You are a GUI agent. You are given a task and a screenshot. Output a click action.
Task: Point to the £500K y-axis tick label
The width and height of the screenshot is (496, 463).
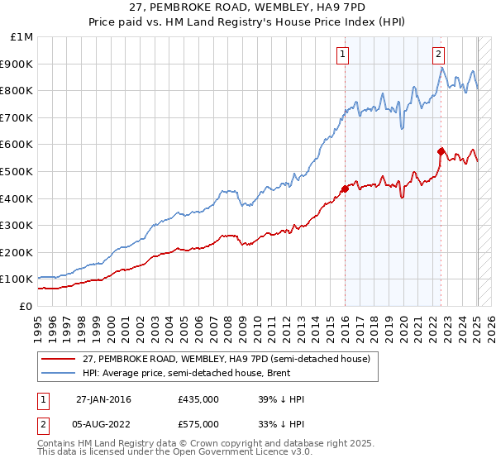[19, 171]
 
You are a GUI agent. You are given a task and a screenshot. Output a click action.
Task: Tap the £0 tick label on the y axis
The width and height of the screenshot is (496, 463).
[26, 306]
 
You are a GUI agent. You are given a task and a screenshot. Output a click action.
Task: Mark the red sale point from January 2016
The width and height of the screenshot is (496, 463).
[345, 189]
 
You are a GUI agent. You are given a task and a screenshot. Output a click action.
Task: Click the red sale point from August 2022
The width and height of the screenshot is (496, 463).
[441, 151]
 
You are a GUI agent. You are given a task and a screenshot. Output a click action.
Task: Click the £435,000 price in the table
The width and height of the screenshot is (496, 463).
[198, 399]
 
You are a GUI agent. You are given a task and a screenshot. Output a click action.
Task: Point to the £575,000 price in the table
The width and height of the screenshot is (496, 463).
[198, 424]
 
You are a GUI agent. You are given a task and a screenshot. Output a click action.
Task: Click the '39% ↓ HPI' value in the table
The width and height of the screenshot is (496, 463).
[281, 399]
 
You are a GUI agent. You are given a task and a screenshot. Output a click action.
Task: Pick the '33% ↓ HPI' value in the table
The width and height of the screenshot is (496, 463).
[281, 424]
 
